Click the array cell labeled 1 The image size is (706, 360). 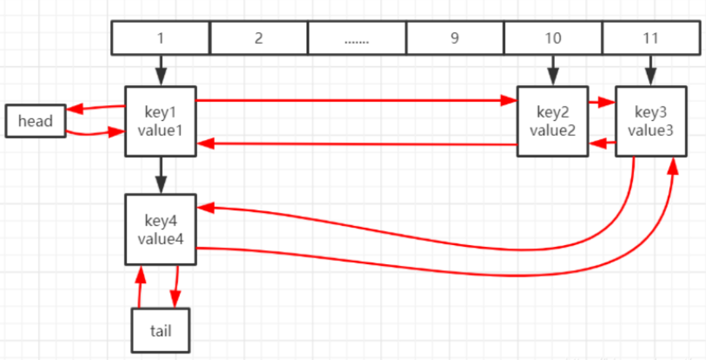pyautogui.click(x=161, y=38)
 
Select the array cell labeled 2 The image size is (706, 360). pyautogui.click(x=259, y=38)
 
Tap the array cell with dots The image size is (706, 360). pyautogui.click(x=357, y=38)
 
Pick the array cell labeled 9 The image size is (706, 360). pyautogui.click(x=454, y=38)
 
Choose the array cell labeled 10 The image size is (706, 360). pyautogui.click(x=553, y=38)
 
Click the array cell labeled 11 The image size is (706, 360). pyautogui.click(x=651, y=38)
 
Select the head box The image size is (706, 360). pyautogui.click(x=35, y=121)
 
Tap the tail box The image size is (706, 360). pyautogui.click(x=161, y=330)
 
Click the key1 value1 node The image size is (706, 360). pyautogui.click(x=161, y=122)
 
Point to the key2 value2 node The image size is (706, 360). pyautogui.click(x=552, y=122)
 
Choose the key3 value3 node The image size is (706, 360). pyautogui.click(x=651, y=122)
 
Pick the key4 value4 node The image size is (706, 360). pyautogui.click(x=161, y=229)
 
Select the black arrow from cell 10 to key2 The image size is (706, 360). pyautogui.click(x=553, y=70)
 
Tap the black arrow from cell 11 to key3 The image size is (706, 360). pyautogui.click(x=651, y=70)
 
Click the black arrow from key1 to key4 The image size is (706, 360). pyautogui.click(x=161, y=175)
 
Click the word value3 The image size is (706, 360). pyautogui.click(x=651, y=130)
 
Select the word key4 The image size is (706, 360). pyautogui.click(x=161, y=221)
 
